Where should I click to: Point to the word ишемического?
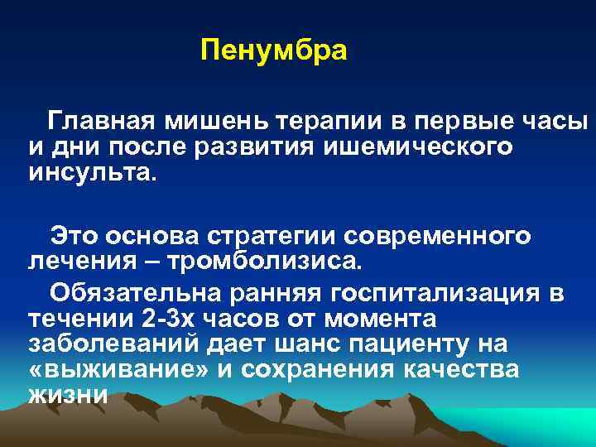tap(418, 147)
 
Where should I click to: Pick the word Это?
tap(75, 235)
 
